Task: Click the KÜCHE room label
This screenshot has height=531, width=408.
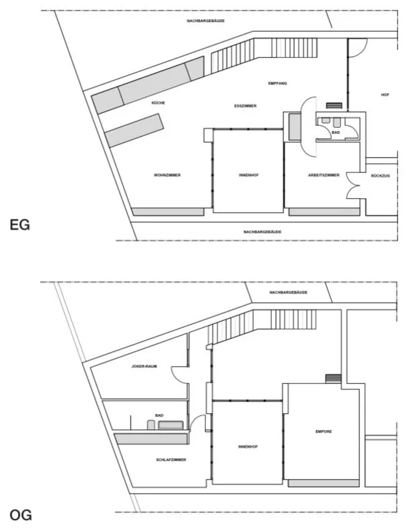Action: click(x=158, y=103)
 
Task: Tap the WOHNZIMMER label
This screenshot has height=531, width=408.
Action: click(x=167, y=175)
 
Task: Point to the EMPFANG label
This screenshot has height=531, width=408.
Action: click(x=277, y=83)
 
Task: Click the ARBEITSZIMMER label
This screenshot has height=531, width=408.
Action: click(x=324, y=175)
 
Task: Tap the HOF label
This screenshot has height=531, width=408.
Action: click(x=385, y=95)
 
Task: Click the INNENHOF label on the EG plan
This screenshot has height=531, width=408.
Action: click(x=249, y=175)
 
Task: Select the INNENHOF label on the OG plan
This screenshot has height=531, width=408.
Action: click(x=249, y=446)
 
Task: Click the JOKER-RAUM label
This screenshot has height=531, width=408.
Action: click(x=144, y=367)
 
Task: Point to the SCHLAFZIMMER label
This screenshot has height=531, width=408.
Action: click(x=171, y=460)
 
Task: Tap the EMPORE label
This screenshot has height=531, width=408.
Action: click(x=324, y=431)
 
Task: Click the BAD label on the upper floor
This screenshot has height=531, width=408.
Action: click(x=159, y=415)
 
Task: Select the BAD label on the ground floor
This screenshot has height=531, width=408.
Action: click(x=336, y=132)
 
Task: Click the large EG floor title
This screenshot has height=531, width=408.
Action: click(x=20, y=225)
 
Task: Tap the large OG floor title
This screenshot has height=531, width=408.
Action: click(x=21, y=515)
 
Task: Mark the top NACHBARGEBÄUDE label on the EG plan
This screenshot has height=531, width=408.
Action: click(x=205, y=21)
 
